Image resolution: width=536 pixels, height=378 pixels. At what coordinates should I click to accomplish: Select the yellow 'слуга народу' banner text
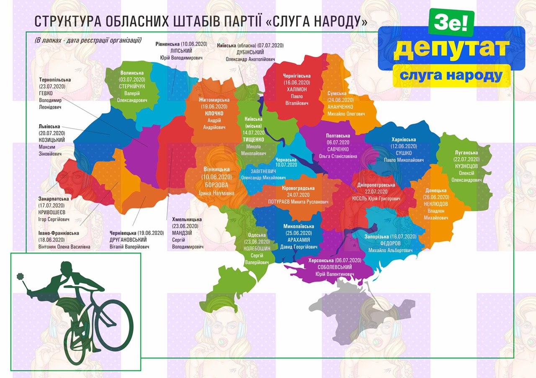(451, 75)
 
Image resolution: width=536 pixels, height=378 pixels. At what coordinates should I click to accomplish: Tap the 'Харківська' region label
(404, 139)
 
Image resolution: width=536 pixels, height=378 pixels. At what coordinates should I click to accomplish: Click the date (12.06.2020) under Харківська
(404, 146)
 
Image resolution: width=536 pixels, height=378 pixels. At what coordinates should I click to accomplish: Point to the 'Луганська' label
(466, 153)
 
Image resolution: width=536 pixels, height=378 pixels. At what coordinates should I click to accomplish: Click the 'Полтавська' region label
(338, 136)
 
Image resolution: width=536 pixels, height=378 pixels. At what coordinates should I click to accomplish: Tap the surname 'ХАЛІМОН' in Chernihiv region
(296, 89)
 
